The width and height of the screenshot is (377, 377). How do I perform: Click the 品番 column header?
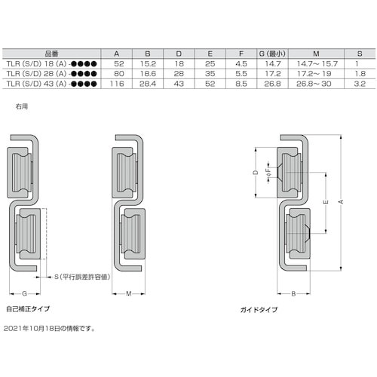(x=51, y=54)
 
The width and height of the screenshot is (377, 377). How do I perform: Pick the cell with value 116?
(x=117, y=84)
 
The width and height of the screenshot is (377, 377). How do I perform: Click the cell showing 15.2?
(x=148, y=64)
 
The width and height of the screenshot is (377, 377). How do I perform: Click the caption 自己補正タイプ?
(x=28, y=308)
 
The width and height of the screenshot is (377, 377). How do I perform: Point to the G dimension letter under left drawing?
(x=25, y=293)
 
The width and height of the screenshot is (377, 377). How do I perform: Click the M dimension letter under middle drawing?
(x=129, y=293)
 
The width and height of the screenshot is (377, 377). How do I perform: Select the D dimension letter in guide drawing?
(x=255, y=173)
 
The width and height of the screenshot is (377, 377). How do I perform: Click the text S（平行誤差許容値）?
(x=84, y=277)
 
